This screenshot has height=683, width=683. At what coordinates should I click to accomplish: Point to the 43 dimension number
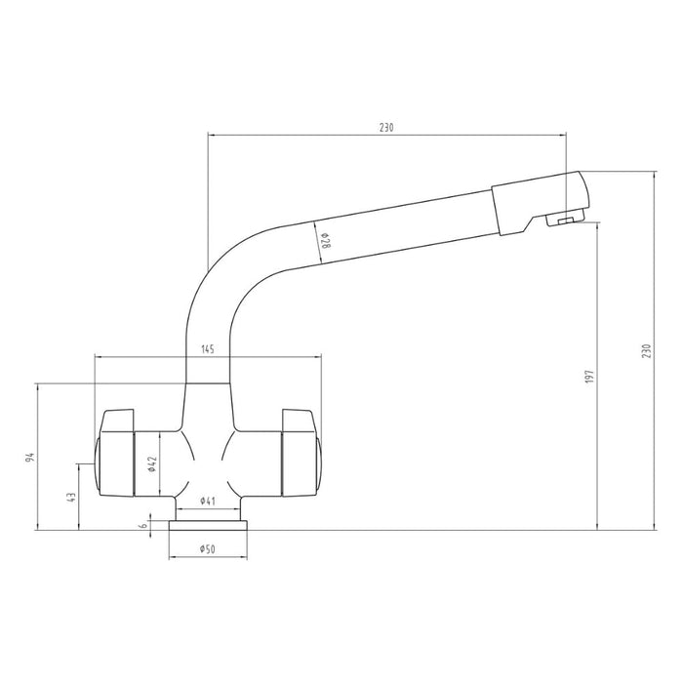pos(71,497)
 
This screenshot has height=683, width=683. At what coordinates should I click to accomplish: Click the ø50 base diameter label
pos(207,549)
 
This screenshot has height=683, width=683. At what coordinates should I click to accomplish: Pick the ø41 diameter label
pos(207,501)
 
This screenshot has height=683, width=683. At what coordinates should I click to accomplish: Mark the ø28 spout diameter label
pos(325,238)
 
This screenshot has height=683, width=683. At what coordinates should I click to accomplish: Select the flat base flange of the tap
pos(207,525)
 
